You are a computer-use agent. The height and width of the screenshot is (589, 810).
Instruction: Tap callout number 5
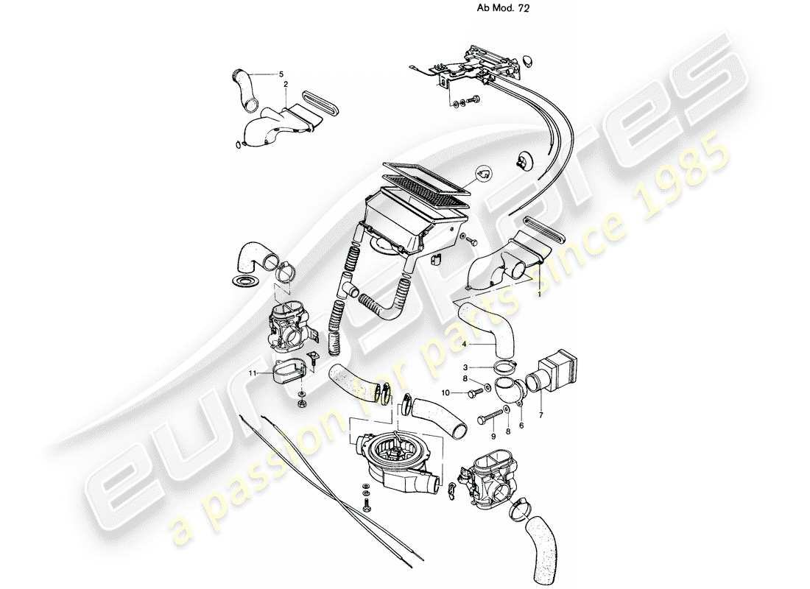[281, 74]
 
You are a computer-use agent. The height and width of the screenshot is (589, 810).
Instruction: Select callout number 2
[285, 85]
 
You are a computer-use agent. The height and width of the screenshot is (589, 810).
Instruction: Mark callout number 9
[483, 436]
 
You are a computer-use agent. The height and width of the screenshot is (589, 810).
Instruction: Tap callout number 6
[522, 425]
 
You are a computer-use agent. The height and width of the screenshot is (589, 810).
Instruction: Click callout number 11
[253, 373]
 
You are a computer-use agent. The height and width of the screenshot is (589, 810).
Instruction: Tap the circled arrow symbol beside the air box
[484, 174]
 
